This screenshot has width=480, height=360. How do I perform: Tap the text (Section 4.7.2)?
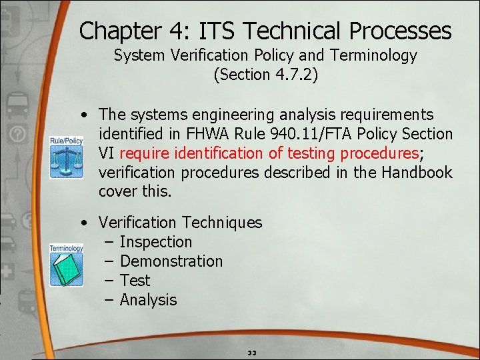click(x=265, y=75)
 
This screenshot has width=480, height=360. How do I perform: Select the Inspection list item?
click(x=155, y=242)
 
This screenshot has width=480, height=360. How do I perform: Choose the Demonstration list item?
click(x=171, y=261)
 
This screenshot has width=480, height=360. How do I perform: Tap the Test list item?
click(x=135, y=281)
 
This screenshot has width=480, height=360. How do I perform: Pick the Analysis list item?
click(x=148, y=300)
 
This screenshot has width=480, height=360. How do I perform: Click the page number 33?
click(x=252, y=352)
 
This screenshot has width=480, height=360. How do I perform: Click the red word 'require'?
click(x=144, y=153)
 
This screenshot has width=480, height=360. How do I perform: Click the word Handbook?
click(x=418, y=173)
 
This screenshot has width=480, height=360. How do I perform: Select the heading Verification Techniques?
click(x=180, y=223)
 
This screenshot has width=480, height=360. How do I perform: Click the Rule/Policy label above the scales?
click(x=67, y=141)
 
